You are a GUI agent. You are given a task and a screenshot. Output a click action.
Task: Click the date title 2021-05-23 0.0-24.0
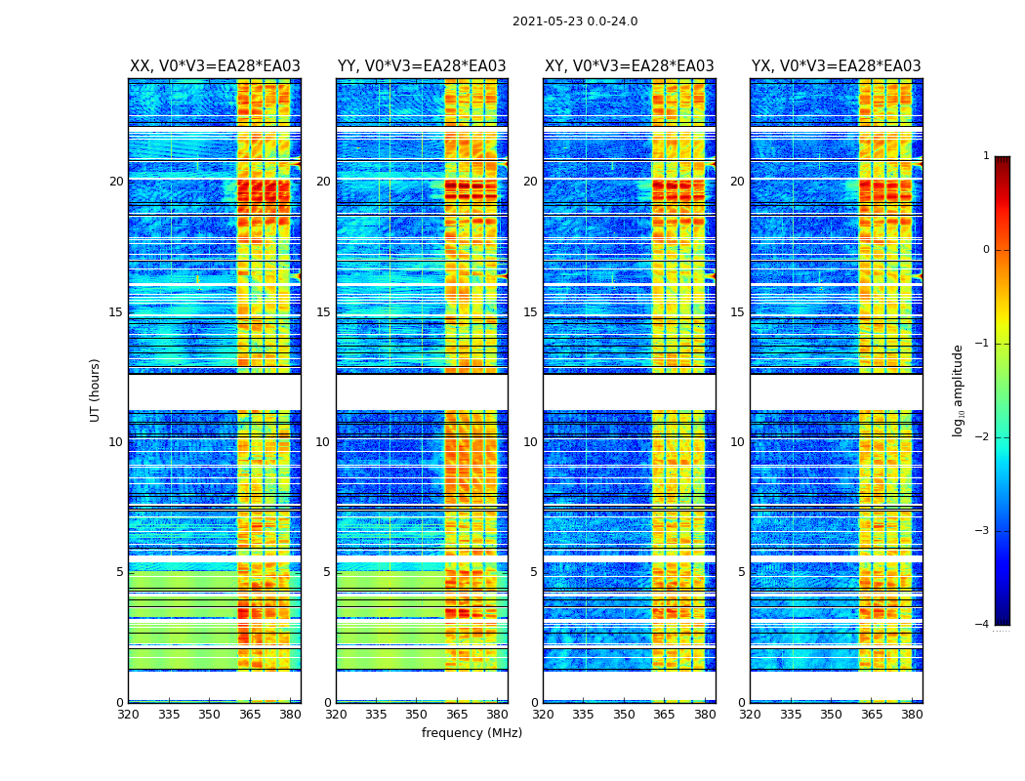[575, 21]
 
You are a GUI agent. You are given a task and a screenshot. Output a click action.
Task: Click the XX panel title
[215, 66]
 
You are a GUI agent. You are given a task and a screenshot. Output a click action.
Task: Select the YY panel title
[422, 66]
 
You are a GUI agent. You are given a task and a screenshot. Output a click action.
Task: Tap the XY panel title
[629, 66]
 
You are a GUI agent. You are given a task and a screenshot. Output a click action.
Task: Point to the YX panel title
[836, 66]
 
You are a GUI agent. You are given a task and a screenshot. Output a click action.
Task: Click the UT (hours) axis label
[96, 390]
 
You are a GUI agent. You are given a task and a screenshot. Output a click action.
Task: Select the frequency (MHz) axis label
[471, 733]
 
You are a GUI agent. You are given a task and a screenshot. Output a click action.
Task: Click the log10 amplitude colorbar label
[959, 390]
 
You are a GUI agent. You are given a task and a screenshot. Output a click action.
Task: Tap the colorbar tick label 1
[985, 156]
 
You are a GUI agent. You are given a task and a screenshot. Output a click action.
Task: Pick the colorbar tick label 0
[985, 250]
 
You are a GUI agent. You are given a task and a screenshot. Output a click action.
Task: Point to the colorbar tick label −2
[983, 437]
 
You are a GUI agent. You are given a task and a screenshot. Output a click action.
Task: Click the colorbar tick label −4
[983, 625]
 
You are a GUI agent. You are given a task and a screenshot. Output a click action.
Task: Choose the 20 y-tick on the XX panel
[116, 182]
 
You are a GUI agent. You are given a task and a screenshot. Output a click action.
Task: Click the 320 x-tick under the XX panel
[129, 715]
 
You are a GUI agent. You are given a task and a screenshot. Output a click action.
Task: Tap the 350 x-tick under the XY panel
[624, 715]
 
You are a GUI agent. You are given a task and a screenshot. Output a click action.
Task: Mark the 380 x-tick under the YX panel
[912, 715]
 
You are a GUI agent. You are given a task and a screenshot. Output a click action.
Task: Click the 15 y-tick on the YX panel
[738, 312]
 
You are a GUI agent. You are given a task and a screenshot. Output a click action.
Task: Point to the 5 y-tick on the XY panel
[534, 572]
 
